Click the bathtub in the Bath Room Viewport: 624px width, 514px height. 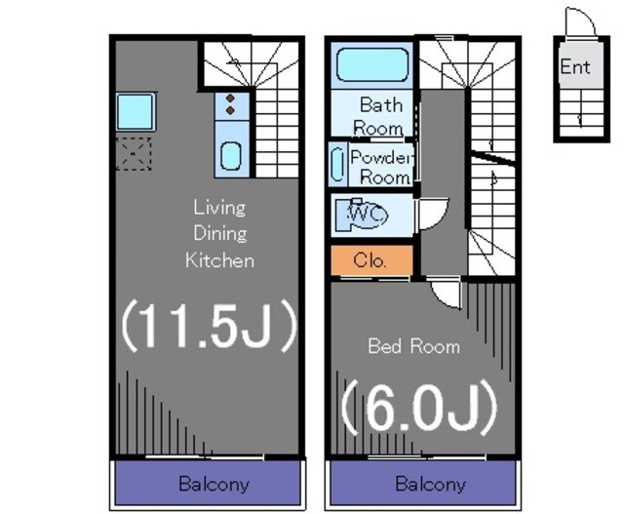point(372,64)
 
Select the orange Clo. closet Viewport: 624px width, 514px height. point(371,260)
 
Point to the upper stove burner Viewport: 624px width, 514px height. point(230,98)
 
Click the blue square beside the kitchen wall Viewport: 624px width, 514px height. point(136,112)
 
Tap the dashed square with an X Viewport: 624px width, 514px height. point(134,154)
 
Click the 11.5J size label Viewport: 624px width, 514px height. point(209,326)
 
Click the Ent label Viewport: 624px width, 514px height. point(574,66)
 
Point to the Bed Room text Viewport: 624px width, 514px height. point(413,346)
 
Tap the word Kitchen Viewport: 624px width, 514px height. point(219,260)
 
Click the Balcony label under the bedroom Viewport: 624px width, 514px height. point(431,485)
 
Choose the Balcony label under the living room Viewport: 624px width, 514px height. point(214,484)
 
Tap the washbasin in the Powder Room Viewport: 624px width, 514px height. point(338,165)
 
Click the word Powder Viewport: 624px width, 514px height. point(381,157)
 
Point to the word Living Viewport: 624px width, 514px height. point(219,208)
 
